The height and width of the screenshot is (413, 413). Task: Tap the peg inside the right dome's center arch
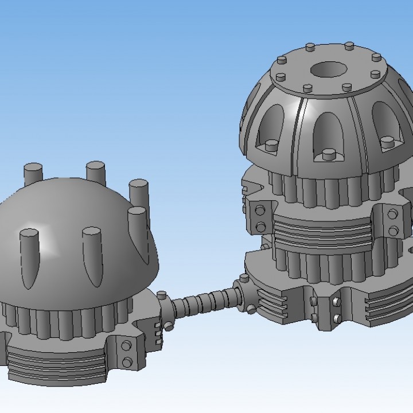[x=328, y=154]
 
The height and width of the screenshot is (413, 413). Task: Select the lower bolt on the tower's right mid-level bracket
[x=393, y=231]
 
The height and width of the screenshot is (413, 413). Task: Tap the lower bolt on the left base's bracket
[x=127, y=361]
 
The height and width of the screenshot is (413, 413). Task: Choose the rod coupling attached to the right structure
[x=244, y=290]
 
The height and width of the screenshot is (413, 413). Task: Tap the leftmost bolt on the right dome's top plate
[x=281, y=60]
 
